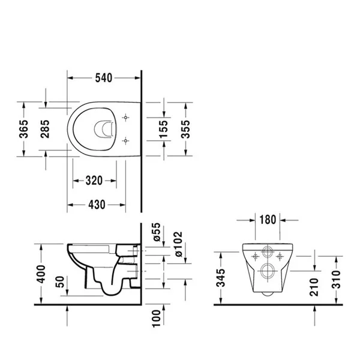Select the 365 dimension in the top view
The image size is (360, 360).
point(24,129)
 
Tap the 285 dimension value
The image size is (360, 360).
point(46,128)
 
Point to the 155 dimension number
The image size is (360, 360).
point(163,128)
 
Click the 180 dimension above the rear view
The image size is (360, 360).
point(268,219)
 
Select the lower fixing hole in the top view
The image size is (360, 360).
point(125,140)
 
